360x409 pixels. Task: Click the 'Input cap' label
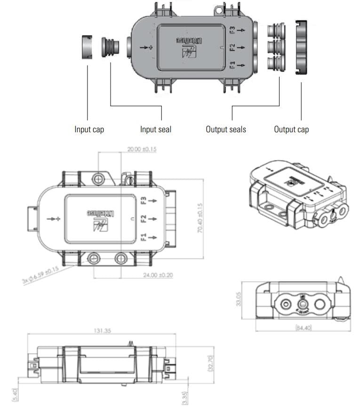pos(89,129)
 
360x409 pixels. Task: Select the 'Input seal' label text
pos(155,129)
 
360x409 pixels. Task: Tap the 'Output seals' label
pos(225,129)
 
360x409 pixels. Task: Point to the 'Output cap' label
pos(291,129)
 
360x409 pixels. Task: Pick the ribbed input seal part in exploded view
pos(111,48)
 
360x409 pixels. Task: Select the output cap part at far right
pos(301,47)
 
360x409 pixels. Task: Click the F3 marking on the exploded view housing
pos(232,30)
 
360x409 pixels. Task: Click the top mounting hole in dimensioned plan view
pos(98,179)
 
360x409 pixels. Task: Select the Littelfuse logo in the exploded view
pos(191,48)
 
